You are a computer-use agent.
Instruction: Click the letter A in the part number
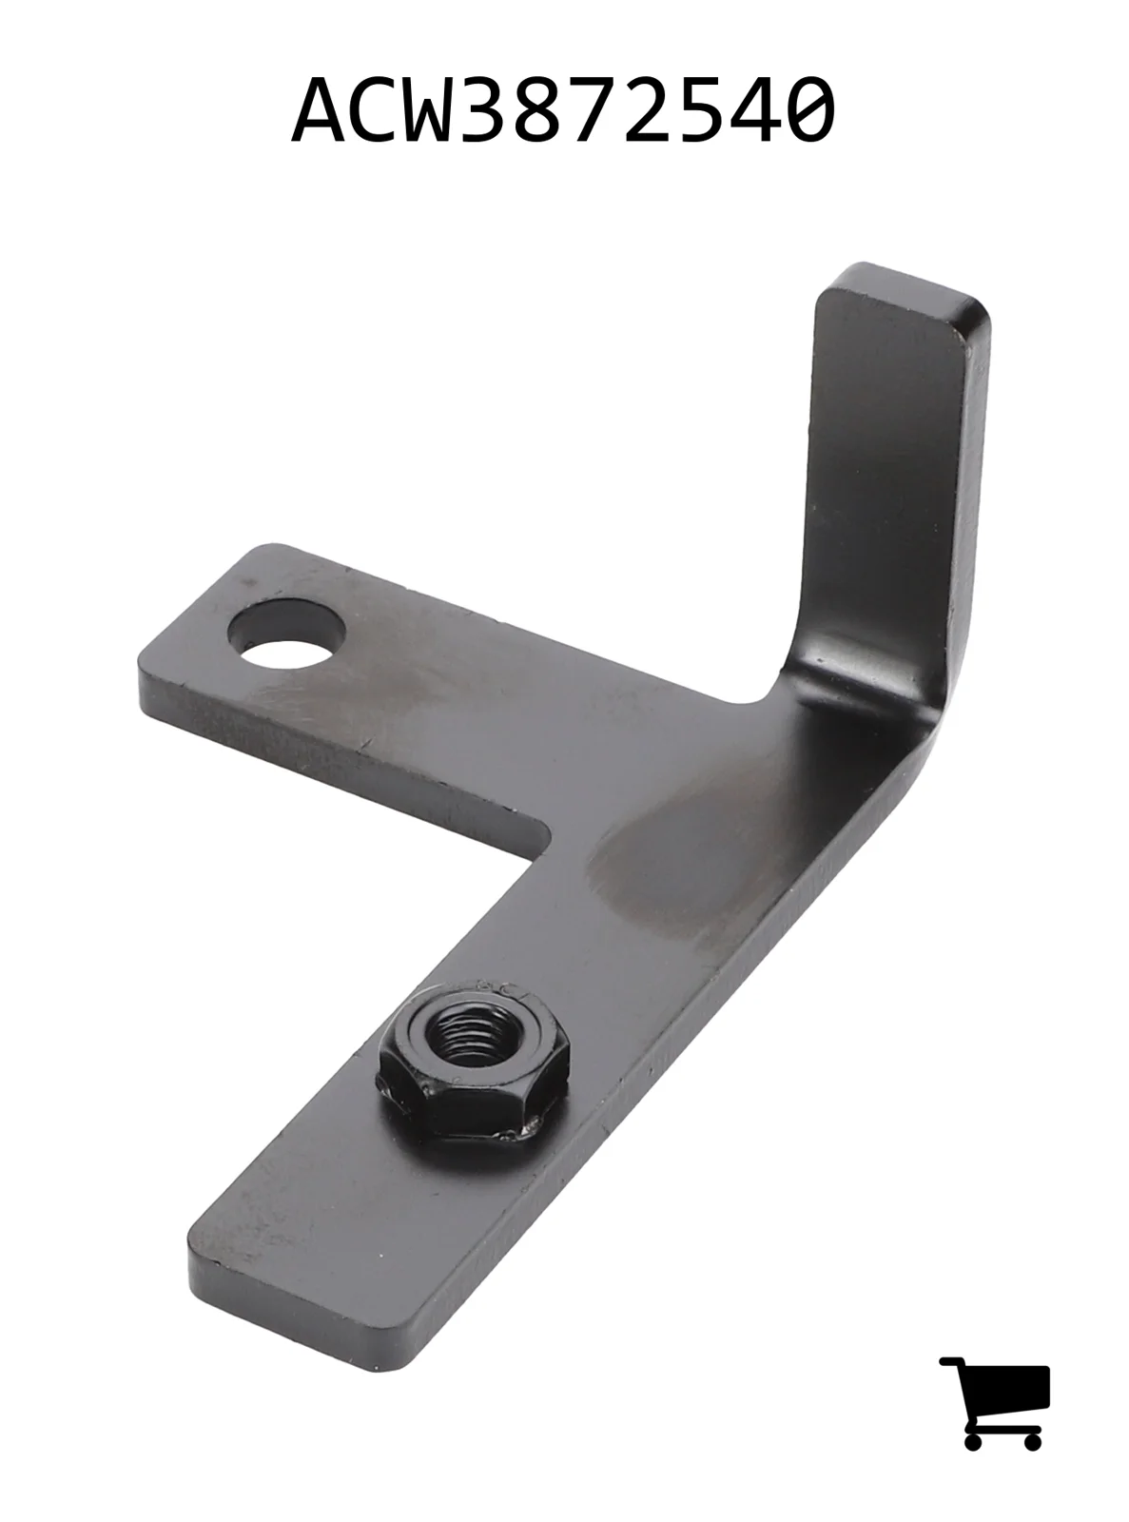click(318, 109)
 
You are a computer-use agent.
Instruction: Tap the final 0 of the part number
click(808, 109)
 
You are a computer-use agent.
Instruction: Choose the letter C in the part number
click(373, 109)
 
